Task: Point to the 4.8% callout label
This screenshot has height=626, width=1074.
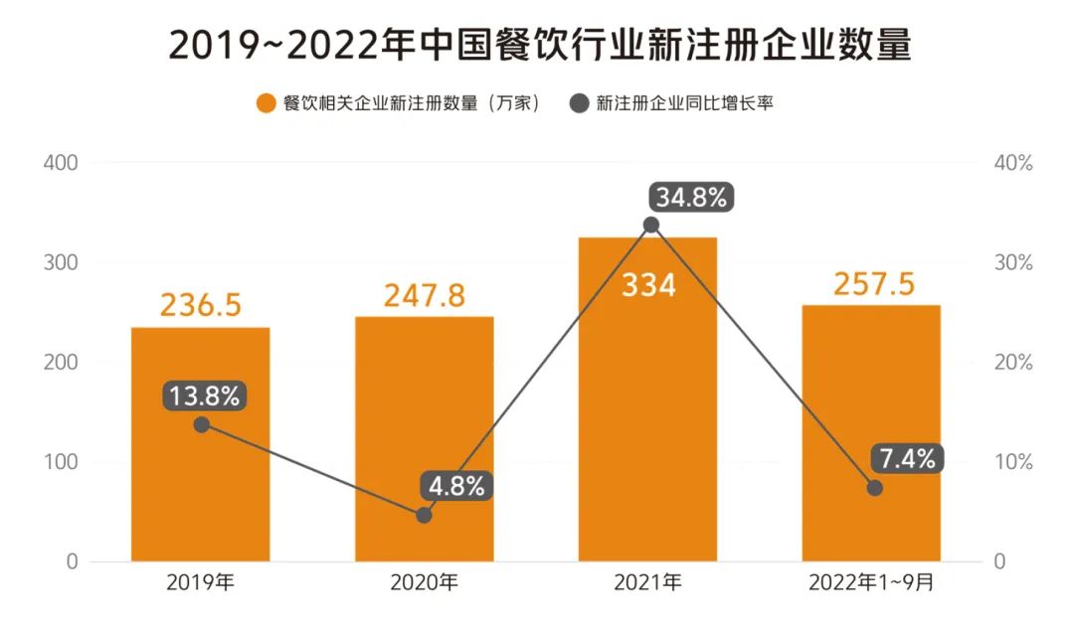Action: [457, 487]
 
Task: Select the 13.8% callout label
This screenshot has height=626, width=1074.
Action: [204, 396]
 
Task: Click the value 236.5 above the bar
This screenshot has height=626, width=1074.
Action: [201, 305]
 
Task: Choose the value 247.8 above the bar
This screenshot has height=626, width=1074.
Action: [425, 295]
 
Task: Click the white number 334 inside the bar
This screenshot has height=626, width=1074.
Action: [648, 286]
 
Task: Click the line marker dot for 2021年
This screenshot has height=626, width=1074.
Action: [650, 225]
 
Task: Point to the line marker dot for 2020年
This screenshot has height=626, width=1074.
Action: [425, 515]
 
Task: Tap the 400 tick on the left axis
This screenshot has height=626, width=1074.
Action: [61, 163]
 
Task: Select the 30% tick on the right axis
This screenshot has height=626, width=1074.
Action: [1013, 263]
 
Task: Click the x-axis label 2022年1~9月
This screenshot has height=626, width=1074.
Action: [871, 583]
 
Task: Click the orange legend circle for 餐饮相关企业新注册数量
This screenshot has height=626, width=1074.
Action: [266, 103]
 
